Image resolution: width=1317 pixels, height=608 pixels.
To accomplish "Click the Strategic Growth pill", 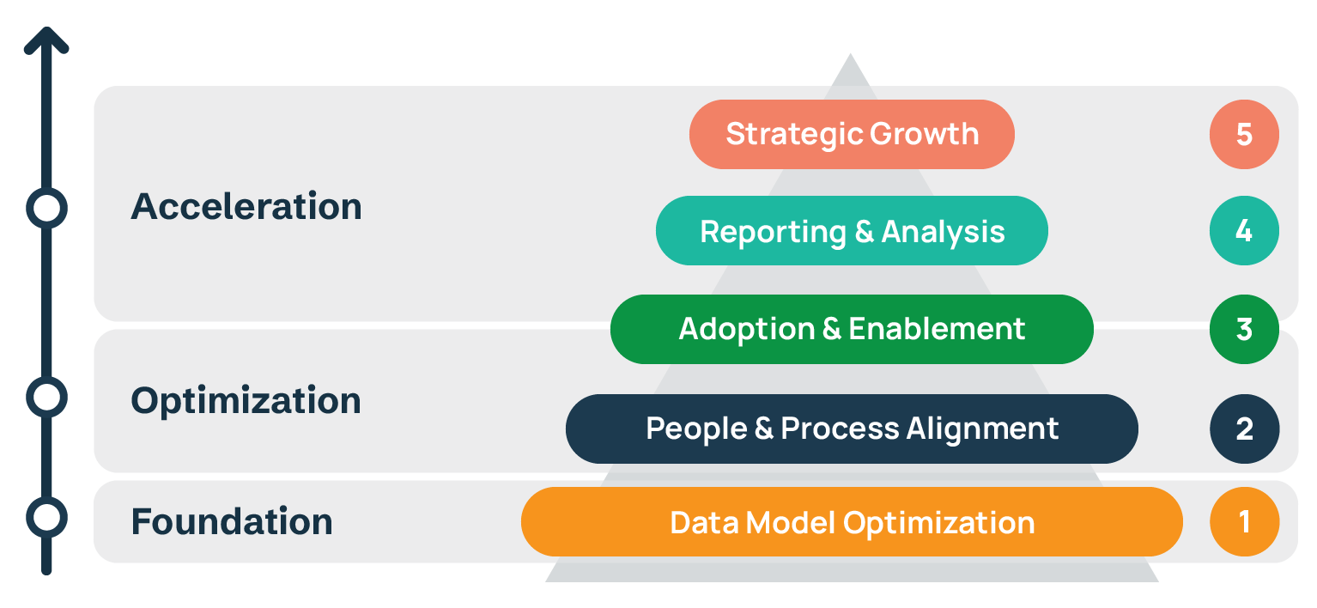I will click(x=852, y=134).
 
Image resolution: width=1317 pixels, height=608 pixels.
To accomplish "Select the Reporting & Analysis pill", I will click(x=852, y=231).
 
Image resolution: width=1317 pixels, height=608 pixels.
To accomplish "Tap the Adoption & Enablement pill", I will click(x=852, y=329).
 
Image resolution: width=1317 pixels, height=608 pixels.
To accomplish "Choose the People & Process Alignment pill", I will click(x=852, y=429).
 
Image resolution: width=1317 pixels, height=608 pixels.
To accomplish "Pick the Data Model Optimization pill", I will click(x=852, y=522).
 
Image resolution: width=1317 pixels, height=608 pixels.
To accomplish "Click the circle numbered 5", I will click(x=1244, y=134).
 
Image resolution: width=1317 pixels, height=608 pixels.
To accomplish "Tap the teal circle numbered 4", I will click(x=1244, y=231).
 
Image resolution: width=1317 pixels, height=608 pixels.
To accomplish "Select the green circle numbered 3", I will click(x=1244, y=329).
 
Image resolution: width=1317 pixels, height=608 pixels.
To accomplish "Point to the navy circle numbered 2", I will click(x=1244, y=429).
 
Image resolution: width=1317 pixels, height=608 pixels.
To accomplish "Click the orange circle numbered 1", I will click(x=1244, y=522).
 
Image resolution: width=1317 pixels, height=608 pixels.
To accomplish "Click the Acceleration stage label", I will click(x=246, y=207).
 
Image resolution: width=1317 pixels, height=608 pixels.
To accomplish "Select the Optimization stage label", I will click(x=246, y=401).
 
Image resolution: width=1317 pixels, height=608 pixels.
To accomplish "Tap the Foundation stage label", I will click(x=232, y=522).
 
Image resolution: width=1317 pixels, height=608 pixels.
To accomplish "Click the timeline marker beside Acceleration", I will click(x=46, y=208).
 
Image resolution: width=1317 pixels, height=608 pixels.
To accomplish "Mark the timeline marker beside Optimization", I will click(x=46, y=397).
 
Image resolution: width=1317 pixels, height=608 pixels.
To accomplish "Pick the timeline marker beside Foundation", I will click(x=46, y=517).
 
